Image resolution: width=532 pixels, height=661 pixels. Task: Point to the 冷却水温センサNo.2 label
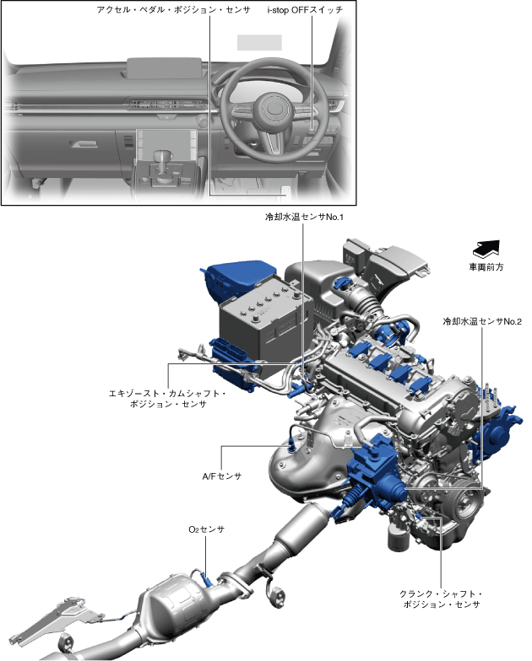pos(482,321)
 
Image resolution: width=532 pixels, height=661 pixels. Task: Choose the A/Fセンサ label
pos(222,476)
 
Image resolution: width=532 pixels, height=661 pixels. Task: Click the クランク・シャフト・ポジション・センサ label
pos(441,599)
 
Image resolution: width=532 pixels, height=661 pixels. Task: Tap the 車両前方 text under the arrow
pos(486,267)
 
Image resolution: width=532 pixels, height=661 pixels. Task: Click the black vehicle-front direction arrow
pos(486,249)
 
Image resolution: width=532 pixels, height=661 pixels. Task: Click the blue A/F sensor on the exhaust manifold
pos(294,440)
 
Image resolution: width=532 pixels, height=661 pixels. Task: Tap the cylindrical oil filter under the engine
pos(395,536)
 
